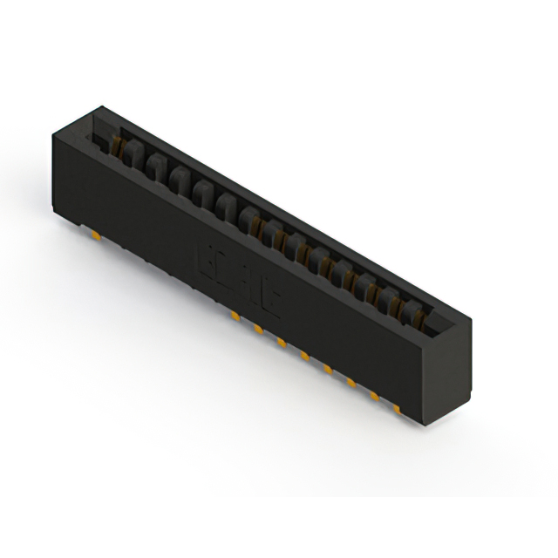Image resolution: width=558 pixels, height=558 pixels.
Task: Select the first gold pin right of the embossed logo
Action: tap(235, 311)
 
